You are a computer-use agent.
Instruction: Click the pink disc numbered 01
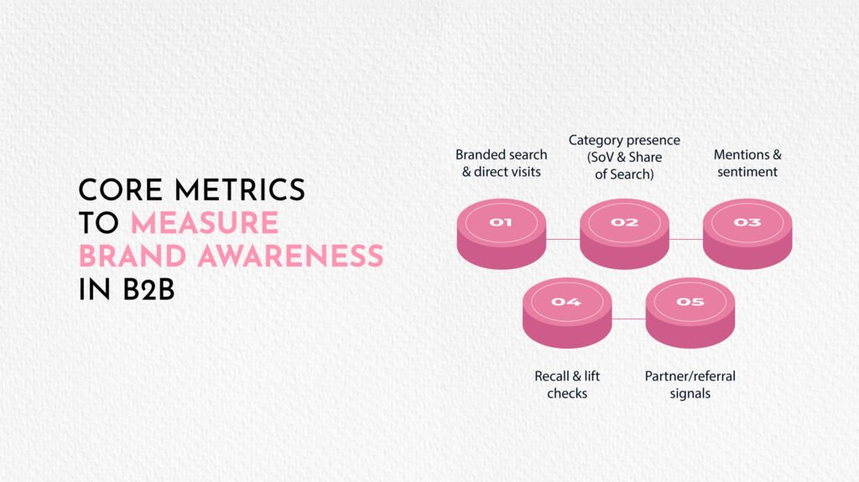coord(502,234)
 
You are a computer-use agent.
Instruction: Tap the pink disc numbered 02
coord(624,234)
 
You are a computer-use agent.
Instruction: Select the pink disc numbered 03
coord(747,234)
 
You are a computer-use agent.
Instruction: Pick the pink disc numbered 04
coord(567,313)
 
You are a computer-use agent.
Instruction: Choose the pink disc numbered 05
coord(690,313)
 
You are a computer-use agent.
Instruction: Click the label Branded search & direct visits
coord(502,163)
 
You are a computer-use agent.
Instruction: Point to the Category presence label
coord(624,158)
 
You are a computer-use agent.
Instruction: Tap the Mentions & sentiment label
coord(747,163)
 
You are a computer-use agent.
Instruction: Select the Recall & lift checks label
coord(567,385)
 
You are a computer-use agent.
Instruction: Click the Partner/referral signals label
coord(690,385)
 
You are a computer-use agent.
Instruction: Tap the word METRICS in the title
coord(240,190)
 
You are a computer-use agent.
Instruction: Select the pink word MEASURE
coord(205,223)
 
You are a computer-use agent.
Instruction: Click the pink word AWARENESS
coord(290,257)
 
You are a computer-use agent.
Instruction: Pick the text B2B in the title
coord(148,290)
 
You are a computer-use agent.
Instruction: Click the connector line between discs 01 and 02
coord(563,240)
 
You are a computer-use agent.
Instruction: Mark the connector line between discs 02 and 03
coord(686,240)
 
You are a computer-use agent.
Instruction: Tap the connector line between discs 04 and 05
coord(629,319)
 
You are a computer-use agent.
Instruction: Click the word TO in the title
coord(99,223)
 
